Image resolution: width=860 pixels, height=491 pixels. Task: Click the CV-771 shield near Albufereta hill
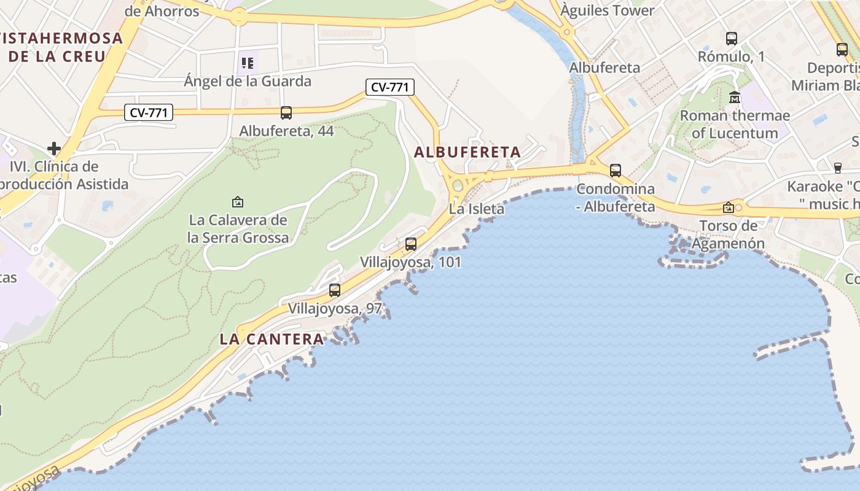pyautogui.click(x=390, y=87)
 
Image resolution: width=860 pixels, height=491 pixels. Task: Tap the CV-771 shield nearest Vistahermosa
pyautogui.click(x=148, y=112)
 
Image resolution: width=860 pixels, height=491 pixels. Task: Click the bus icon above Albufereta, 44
pyautogui.click(x=286, y=112)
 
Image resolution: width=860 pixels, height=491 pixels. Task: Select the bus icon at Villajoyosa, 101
pyautogui.click(x=411, y=244)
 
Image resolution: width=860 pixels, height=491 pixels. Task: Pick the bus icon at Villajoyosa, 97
pyautogui.click(x=335, y=290)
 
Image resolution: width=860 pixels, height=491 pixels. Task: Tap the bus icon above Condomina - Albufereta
pyautogui.click(x=616, y=170)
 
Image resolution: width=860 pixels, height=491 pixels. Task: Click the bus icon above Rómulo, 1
pyautogui.click(x=731, y=39)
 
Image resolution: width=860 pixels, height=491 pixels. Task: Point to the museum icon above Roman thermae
pyautogui.click(x=735, y=97)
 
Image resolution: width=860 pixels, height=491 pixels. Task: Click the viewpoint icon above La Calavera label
pyautogui.click(x=238, y=201)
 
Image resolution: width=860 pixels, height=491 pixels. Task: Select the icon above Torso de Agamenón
pyautogui.click(x=729, y=207)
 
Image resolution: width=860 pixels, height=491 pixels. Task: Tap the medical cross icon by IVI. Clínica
pyautogui.click(x=54, y=148)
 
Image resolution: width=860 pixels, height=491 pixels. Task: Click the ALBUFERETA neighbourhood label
pyautogui.click(x=467, y=152)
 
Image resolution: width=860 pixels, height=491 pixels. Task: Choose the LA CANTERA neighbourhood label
pyautogui.click(x=272, y=339)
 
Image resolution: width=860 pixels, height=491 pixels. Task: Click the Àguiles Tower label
pyautogui.click(x=608, y=10)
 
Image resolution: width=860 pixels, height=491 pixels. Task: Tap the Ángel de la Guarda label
pyautogui.click(x=248, y=81)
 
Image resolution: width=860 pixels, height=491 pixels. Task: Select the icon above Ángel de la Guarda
pyautogui.click(x=248, y=63)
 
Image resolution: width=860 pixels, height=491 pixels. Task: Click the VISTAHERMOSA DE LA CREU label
pyautogui.click(x=61, y=47)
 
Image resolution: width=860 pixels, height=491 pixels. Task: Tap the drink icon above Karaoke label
pyautogui.click(x=837, y=168)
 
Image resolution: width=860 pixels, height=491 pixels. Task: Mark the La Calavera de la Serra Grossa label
pyautogui.click(x=238, y=228)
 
